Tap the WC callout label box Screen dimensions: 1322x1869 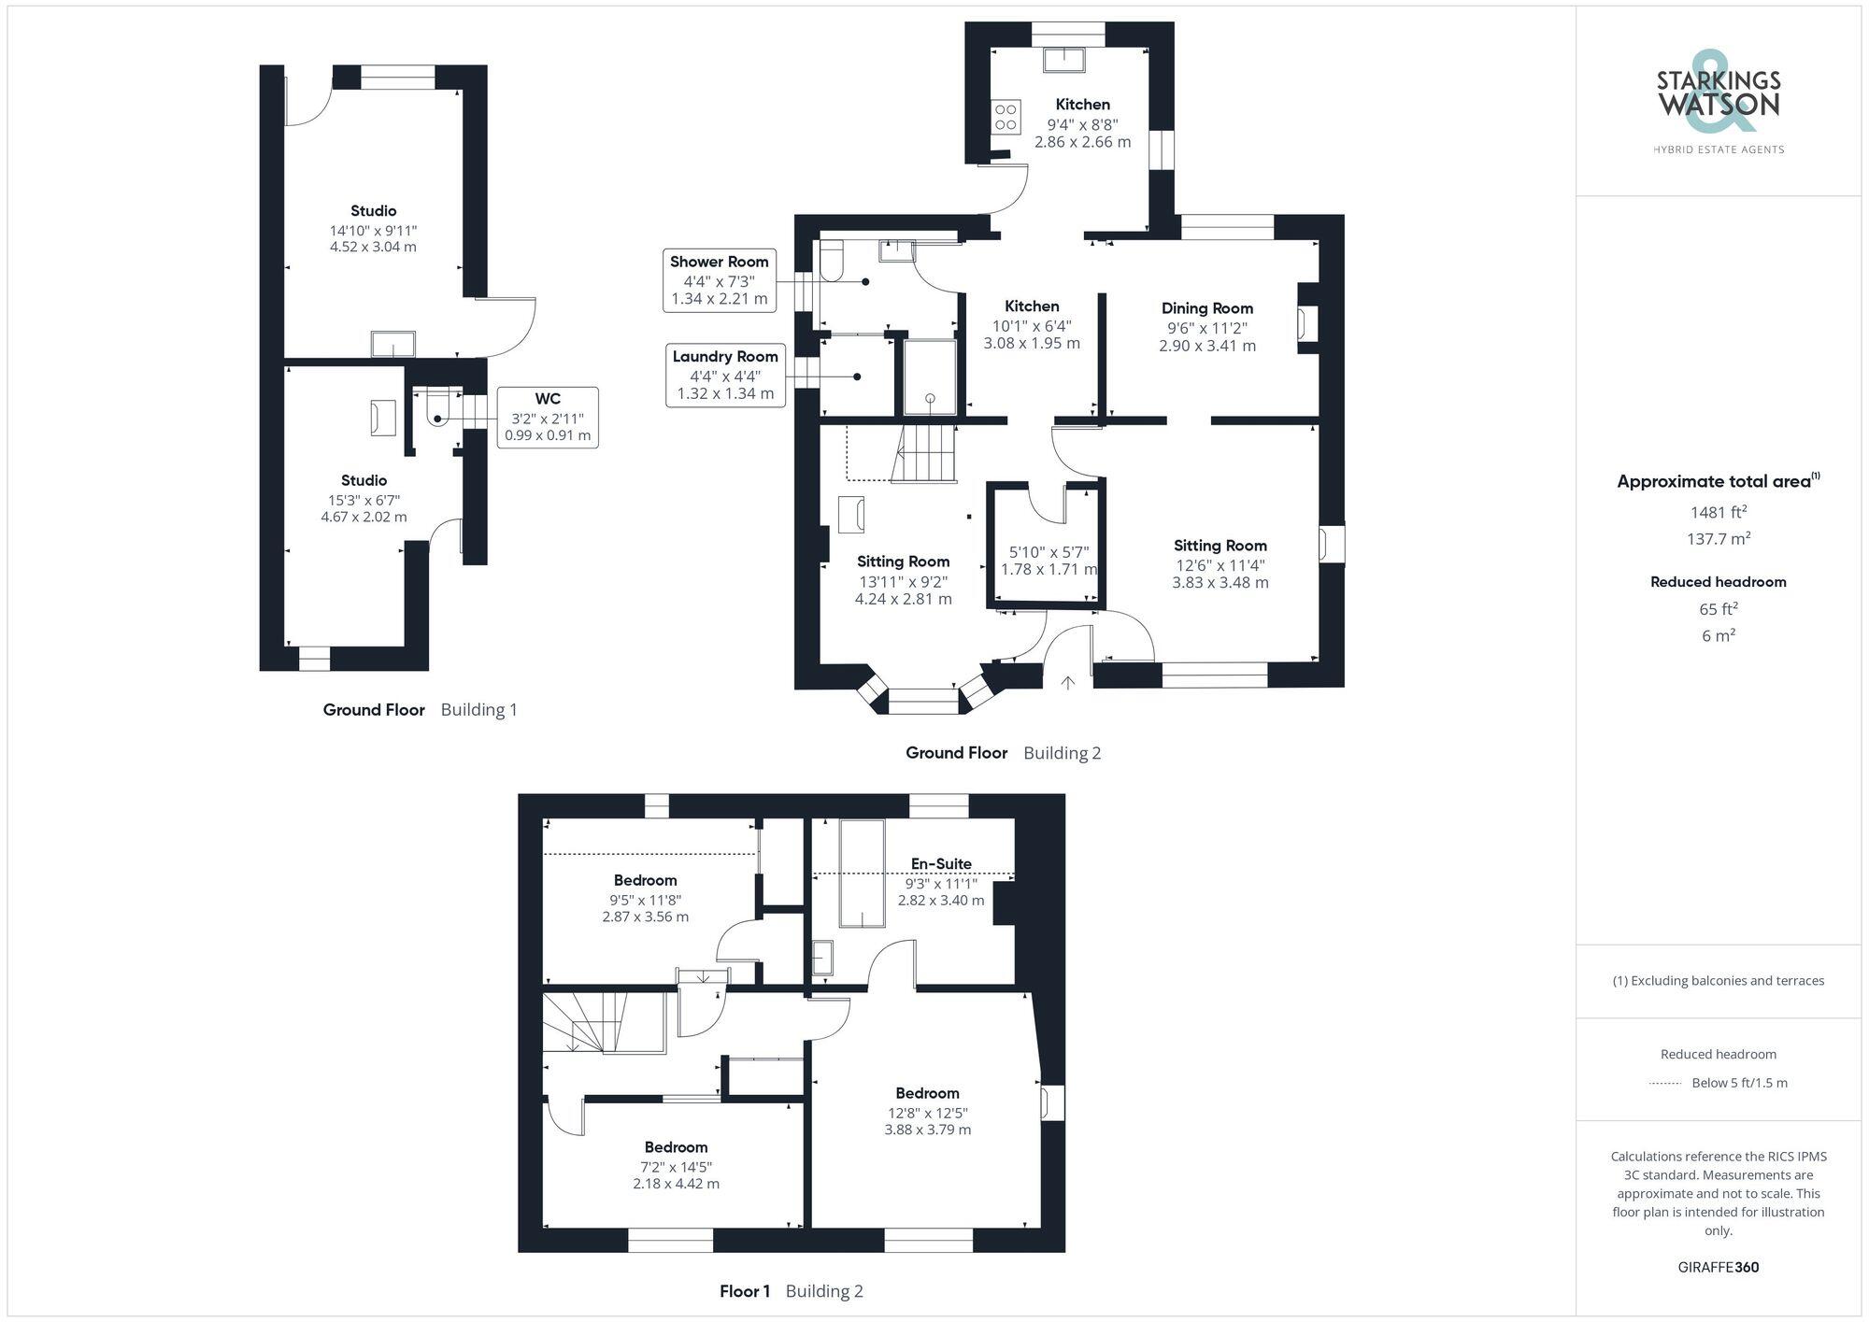point(548,417)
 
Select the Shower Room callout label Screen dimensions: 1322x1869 point(719,279)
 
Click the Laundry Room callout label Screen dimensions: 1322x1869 point(725,375)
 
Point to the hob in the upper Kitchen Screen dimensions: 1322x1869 point(1006,118)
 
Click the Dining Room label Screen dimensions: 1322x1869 point(1206,308)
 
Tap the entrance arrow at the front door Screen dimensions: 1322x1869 point(1068,683)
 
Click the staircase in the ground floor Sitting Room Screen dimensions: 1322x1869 point(924,453)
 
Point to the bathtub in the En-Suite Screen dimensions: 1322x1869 point(861,874)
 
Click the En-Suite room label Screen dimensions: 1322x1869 point(941,863)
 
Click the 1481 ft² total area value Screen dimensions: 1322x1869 point(1718,512)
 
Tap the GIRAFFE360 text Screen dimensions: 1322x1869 point(1718,1268)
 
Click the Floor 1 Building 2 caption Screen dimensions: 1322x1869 point(791,1291)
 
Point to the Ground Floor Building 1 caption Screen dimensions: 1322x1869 point(420,710)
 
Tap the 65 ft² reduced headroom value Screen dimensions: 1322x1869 point(1718,609)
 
